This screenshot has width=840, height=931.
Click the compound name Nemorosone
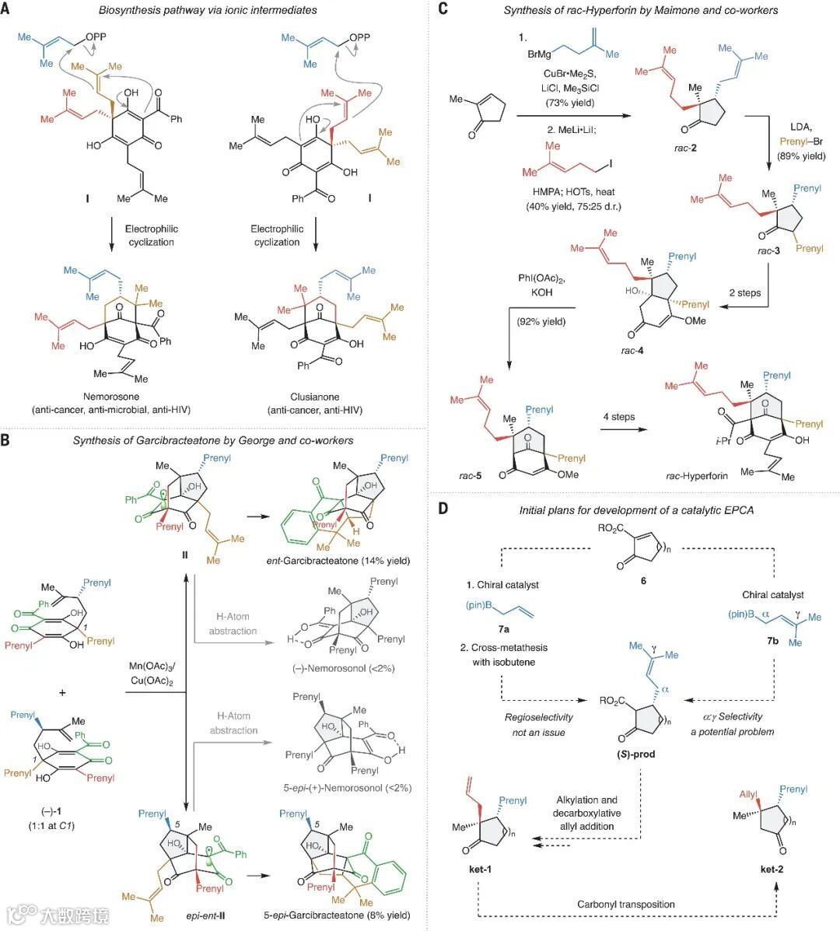112,396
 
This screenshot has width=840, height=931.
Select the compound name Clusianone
314,396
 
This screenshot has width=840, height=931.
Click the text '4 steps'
619,417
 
